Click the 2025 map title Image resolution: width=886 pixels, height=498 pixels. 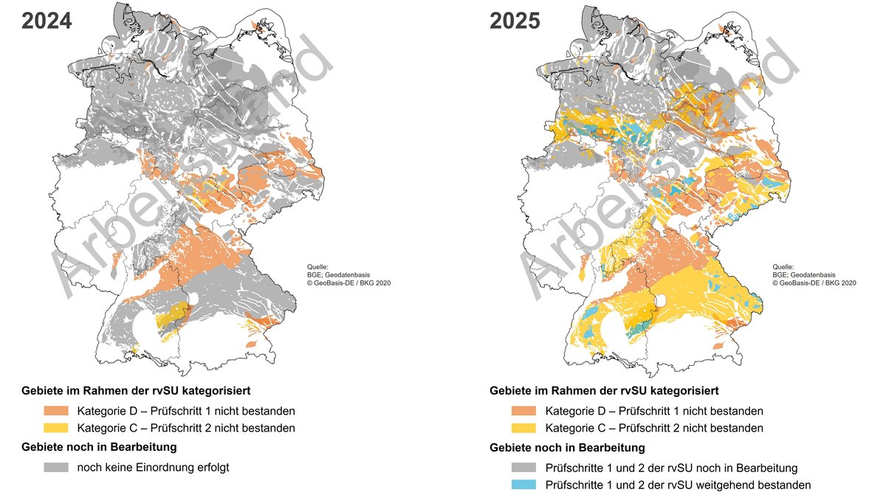[515, 21]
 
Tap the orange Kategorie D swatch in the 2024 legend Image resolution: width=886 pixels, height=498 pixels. [56, 411]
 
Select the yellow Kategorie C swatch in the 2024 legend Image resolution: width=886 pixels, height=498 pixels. [56, 428]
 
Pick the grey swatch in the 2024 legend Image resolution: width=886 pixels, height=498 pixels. [56, 467]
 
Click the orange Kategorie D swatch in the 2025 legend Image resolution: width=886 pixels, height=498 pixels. [524, 411]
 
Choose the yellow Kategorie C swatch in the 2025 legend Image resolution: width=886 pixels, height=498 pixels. [524, 428]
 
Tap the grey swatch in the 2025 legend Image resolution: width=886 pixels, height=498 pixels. [524, 468]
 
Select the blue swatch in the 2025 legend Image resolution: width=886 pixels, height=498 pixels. [524, 485]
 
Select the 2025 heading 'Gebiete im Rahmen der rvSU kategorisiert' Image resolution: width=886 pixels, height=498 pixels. [604, 390]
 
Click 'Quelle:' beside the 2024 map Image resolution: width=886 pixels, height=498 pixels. [317, 266]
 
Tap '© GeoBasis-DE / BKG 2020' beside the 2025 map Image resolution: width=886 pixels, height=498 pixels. [814, 283]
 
